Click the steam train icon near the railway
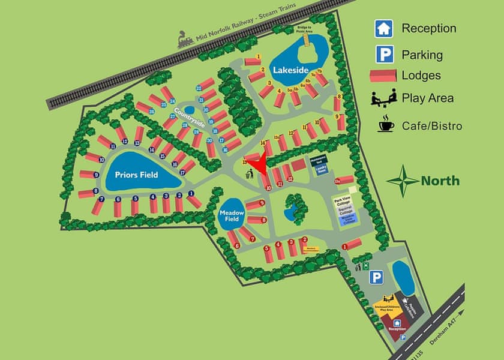click(186, 40)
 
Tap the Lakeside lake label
click(290, 70)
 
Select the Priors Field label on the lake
click(136, 175)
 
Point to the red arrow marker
click(258, 164)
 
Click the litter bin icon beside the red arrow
click(250, 175)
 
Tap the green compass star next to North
click(403, 180)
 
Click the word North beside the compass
click(440, 181)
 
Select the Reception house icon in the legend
click(383, 28)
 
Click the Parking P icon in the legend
click(383, 55)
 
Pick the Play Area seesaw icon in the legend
click(383, 98)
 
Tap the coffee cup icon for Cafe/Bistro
click(384, 125)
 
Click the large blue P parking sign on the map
click(376, 277)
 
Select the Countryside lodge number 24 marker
click(172, 101)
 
